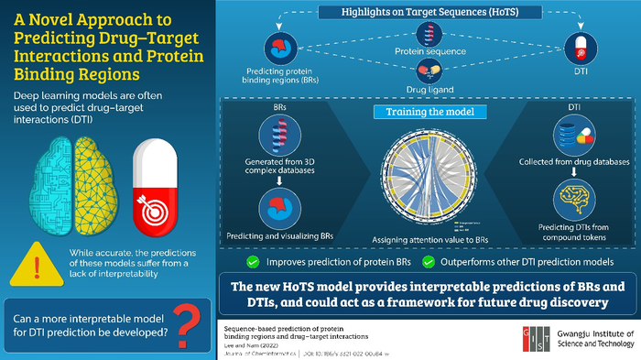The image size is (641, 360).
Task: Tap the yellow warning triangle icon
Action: pyautogui.click(x=33, y=262)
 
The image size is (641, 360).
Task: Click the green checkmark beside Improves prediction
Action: pyautogui.click(x=252, y=259)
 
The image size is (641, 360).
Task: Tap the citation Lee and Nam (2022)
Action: pyautogui.click(x=247, y=343)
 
